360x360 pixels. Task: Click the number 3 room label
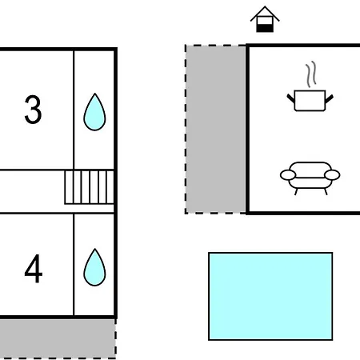[x=34, y=110]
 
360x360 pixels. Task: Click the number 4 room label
[x=34, y=268]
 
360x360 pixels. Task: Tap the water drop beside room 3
[x=94, y=112]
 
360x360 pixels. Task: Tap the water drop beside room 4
[x=94, y=267]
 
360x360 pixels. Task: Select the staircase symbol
[x=90, y=187]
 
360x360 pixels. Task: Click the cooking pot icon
[x=310, y=101]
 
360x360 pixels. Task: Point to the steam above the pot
[x=311, y=74]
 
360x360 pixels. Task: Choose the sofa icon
[x=310, y=178]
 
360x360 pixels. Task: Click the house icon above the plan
[x=265, y=19]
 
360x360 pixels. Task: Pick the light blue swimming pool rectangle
[x=270, y=296]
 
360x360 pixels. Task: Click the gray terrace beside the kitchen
[x=216, y=130]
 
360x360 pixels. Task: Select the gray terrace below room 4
[x=58, y=338]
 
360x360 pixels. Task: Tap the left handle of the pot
[x=290, y=98]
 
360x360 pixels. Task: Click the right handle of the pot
[x=330, y=98]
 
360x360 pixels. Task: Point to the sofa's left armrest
[x=288, y=175]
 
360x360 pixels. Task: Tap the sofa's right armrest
[x=332, y=175]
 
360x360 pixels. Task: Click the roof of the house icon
[x=265, y=14]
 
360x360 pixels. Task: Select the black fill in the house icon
[x=265, y=28]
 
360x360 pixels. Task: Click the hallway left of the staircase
[x=32, y=191]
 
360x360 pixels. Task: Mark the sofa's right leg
[x=326, y=192]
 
